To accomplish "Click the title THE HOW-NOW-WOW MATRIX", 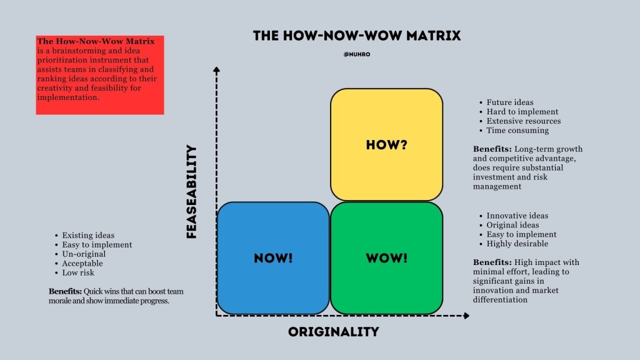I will point(357,36).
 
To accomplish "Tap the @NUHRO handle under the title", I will point(357,54).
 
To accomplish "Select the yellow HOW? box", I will point(386,145).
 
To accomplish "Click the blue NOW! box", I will point(273,257).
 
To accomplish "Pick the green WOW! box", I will point(386,257).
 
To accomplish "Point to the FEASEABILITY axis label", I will point(192,192).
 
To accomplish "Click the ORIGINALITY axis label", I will point(334,332).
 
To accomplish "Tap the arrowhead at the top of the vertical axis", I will point(217,69).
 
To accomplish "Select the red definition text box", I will point(100,75).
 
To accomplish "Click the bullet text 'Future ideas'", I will point(510,102).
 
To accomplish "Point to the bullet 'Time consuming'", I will point(517,131).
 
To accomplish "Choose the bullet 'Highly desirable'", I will point(517,244).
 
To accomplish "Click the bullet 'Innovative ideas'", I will point(517,216).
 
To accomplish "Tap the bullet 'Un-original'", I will point(84,254).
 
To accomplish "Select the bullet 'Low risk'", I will point(79,273).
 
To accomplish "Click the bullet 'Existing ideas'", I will point(88,236).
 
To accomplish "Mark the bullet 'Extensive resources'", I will point(524,121).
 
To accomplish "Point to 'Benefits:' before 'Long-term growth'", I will point(492,149).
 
